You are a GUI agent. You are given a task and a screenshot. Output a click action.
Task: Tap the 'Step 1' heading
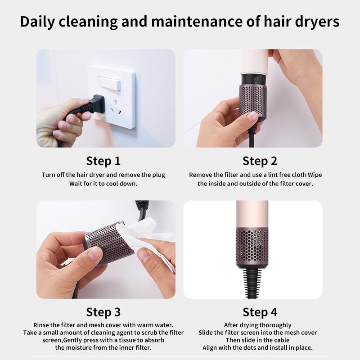point(103,161)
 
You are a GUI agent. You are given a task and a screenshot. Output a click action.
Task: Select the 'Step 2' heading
point(260,161)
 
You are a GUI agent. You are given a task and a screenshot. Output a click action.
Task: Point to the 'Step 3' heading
point(103,312)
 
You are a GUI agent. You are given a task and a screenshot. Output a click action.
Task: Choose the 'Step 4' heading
point(260,312)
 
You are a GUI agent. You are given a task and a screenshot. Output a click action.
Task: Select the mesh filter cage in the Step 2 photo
point(252,99)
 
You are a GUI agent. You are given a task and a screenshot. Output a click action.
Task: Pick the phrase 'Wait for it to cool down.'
point(103,184)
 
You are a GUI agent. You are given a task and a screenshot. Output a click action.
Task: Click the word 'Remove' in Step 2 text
point(199,175)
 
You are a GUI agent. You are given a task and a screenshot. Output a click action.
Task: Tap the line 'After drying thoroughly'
point(258,325)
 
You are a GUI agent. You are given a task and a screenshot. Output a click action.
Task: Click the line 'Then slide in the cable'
point(258,340)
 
